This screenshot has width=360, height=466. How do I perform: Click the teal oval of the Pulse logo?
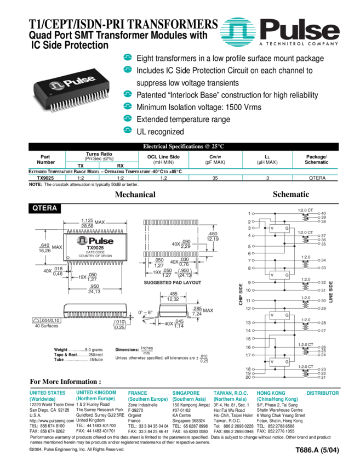tap(239, 31)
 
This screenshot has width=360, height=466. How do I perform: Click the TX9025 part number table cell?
tap(46, 178)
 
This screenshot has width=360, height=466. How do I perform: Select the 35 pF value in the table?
tap(215, 178)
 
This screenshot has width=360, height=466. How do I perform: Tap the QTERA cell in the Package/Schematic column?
tap(317, 178)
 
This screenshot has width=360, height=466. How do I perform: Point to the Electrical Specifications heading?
tap(184, 146)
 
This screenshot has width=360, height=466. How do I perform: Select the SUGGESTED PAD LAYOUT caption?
tap(173, 283)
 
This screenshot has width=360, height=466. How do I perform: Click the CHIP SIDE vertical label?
tap(241, 294)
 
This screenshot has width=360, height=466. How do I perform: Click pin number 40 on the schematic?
tap(323, 213)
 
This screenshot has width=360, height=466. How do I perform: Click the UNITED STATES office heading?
tap(48, 393)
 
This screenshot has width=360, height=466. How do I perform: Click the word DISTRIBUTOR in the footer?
tap(323, 393)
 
